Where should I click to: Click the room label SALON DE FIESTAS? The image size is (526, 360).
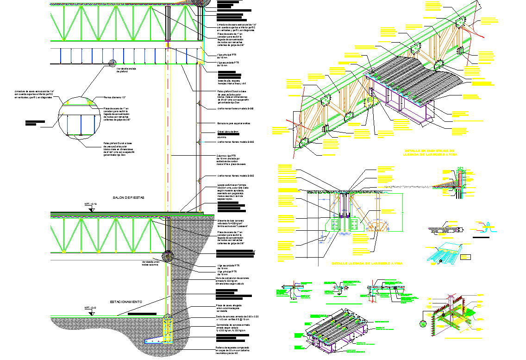[x=129, y=198]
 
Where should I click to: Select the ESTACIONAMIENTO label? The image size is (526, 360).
[x=126, y=302]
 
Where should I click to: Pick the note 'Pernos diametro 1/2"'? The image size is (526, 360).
[x=115, y=97]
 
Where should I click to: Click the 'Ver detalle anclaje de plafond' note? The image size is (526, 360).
[x=125, y=70]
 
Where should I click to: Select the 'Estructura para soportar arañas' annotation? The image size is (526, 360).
[x=234, y=123]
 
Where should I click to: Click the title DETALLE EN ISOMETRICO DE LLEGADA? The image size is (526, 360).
[x=431, y=153]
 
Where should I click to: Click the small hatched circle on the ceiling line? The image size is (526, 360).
[x=112, y=63]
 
